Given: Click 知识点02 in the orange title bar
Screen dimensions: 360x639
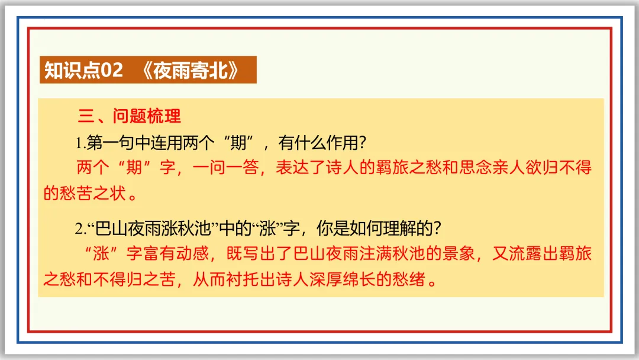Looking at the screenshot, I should point(83,70).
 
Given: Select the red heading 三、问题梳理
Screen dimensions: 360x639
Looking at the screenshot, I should point(130,116).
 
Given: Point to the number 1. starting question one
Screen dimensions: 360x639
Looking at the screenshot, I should point(80,143).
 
